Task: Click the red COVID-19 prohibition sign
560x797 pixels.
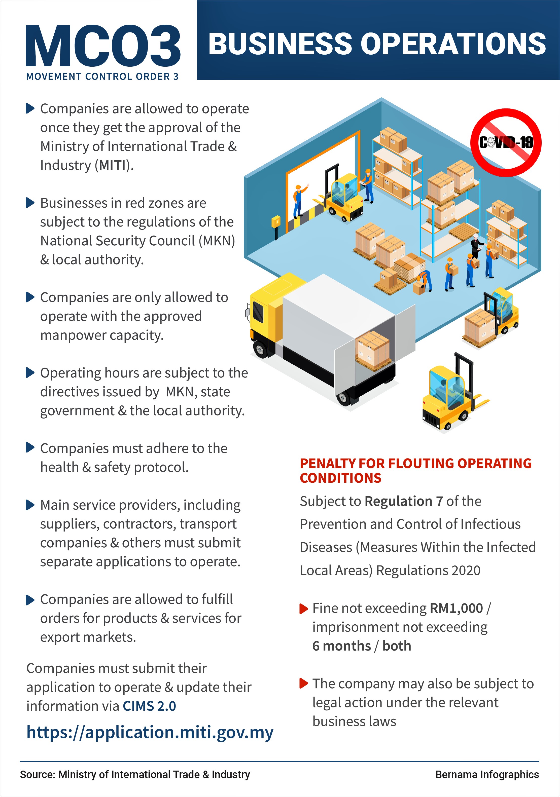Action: pos(506,142)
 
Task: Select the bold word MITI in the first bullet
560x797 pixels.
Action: pos(112,165)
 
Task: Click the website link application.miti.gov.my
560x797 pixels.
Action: pos(150,732)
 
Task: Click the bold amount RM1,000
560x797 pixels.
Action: pos(456,608)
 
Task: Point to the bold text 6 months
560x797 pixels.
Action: pos(341,646)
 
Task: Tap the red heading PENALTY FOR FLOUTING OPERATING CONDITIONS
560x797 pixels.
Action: pos(415,471)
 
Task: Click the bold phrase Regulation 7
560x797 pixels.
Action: pos(404,501)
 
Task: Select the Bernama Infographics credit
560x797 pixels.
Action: pos(487,774)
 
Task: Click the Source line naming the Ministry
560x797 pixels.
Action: pos(135,774)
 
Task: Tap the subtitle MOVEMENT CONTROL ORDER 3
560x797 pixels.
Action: pos(102,76)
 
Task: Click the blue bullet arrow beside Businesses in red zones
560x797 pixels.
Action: pos(30,203)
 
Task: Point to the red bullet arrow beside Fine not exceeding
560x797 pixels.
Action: pos(304,609)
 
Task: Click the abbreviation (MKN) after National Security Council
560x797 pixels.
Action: pos(217,241)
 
